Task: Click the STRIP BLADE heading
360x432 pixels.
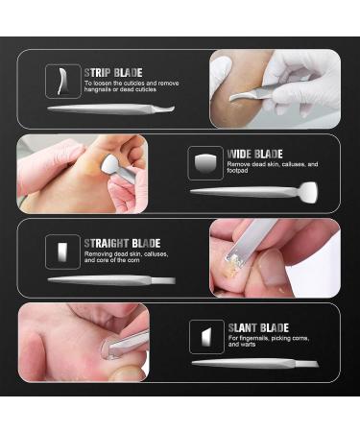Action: tap(113, 73)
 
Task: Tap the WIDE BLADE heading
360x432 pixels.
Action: tap(254, 154)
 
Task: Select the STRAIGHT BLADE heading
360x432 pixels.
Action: tap(122, 244)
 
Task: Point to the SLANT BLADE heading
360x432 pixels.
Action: tap(258, 328)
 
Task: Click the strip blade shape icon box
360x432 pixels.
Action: tap(63, 82)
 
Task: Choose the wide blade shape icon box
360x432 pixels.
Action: tap(205, 163)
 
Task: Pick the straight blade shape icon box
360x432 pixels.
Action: tap(62, 252)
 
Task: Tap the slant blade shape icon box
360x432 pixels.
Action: tap(206, 337)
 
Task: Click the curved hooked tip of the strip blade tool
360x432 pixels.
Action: tap(170, 108)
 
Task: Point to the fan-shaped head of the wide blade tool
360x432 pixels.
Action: tap(309, 192)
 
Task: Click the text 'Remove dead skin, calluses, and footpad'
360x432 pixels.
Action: tap(273, 167)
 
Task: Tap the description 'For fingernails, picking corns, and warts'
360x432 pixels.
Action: tap(269, 341)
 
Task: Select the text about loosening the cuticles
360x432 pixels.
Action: tap(132, 86)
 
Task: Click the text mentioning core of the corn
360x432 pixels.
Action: tap(126, 257)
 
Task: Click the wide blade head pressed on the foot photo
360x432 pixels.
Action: tap(110, 163)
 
